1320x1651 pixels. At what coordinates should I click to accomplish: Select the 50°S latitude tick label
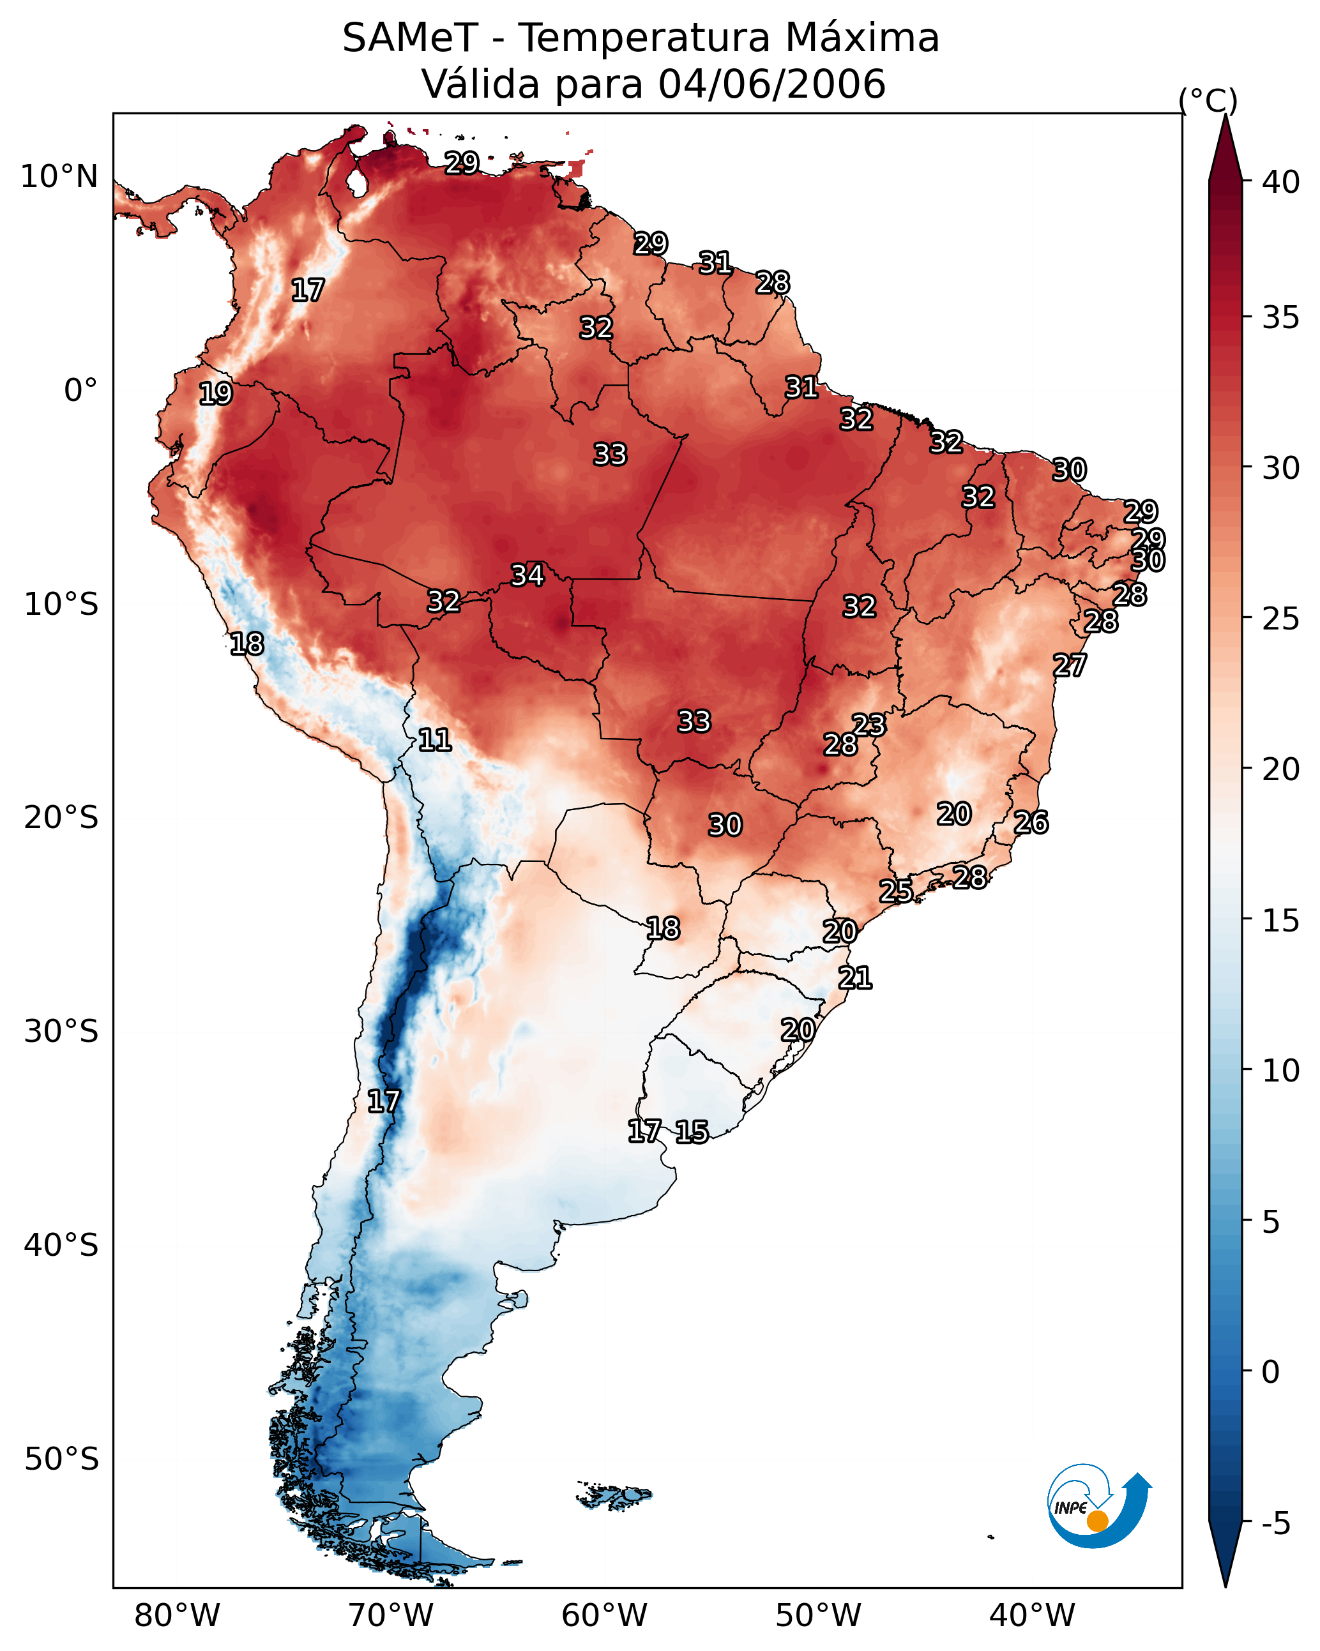click(61, 1459)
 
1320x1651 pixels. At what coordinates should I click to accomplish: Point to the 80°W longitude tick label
click(177, 1616)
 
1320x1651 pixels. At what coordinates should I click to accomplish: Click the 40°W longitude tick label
click(1032, 1616)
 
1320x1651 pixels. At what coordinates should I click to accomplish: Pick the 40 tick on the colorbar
click(1281, 182)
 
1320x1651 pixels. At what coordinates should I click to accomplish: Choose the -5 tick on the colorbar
click(1275, 1524)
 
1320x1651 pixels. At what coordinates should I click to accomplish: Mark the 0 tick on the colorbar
click(1270, 1372)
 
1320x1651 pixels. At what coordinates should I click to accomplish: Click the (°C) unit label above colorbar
click(1208, 100)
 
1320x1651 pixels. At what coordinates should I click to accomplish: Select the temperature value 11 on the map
click(435, 740)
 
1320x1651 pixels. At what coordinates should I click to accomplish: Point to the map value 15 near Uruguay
click(692, 1132)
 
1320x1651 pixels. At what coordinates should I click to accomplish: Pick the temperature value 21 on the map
click(855, 978)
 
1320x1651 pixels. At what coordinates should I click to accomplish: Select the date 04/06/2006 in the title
click(771, 84)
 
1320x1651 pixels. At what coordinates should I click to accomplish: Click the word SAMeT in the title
click(410, 38)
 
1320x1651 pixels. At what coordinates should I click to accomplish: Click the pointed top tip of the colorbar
click(1225, 116)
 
